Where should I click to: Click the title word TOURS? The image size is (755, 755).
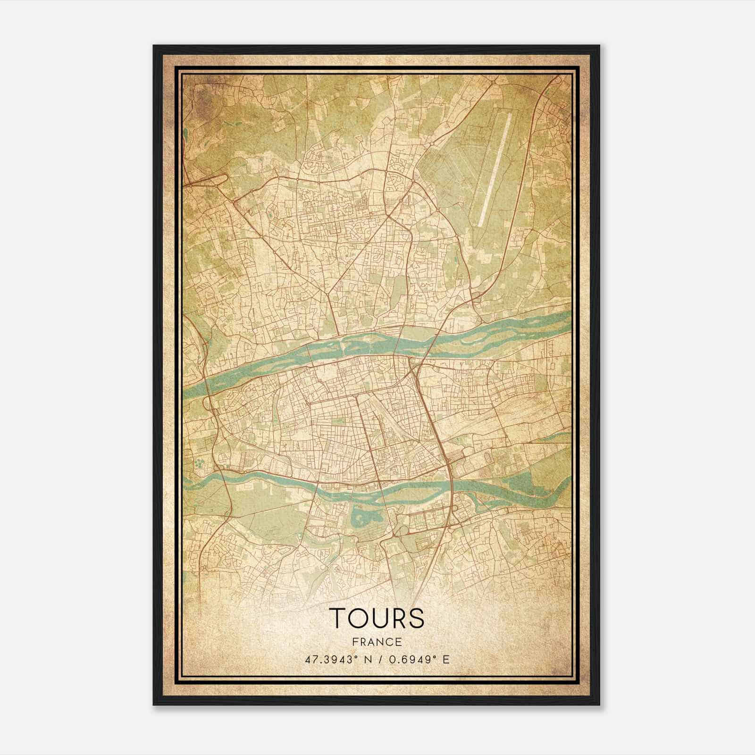pos(377,618)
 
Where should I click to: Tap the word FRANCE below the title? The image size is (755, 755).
pos(377,642)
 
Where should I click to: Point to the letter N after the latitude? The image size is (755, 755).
pos(369,659)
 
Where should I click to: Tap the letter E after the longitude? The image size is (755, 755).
pos(446,659)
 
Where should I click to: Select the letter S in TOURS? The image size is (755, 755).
pos(416,618)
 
